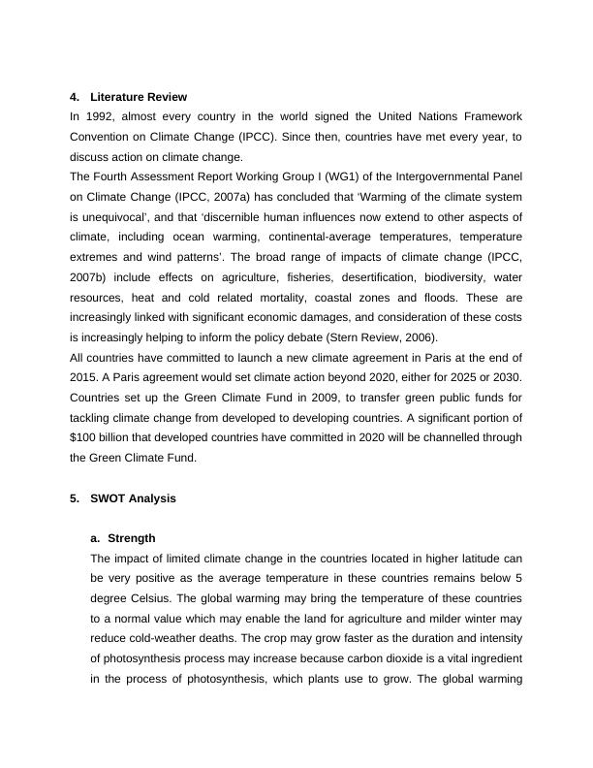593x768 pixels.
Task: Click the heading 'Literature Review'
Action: coord(138,97)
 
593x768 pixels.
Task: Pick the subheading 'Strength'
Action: coord(132,538)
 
